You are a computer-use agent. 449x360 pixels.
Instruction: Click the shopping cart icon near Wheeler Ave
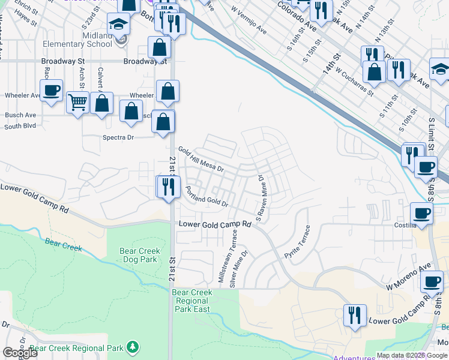click(x=78, y=103)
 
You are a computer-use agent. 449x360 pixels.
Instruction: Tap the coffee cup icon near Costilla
click(x=421, y=213)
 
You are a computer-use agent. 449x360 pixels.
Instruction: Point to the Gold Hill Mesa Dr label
click(x=200, y=160)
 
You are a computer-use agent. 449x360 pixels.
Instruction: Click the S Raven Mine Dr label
click(x=261, y=196)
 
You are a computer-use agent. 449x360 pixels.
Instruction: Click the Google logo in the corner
click(x=20, y=353)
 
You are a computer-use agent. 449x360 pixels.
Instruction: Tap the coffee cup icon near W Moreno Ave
click(x=432, y=281)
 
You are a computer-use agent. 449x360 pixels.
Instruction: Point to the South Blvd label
click(x=20, y=126)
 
